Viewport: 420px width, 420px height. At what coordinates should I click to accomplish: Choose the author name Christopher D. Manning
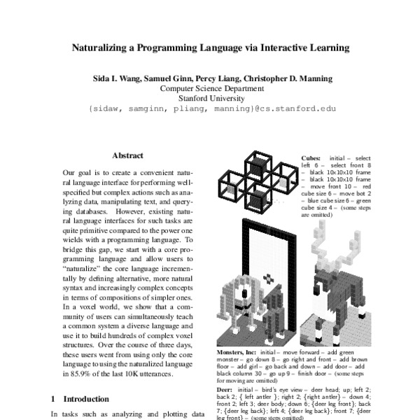(x=295, y=78)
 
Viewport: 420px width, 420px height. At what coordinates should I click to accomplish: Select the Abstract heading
(x=127, y=155)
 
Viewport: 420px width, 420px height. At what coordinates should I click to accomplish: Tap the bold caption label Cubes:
(x=312, y=158)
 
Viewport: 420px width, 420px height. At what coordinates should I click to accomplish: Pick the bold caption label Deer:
(x=225, y=388)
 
